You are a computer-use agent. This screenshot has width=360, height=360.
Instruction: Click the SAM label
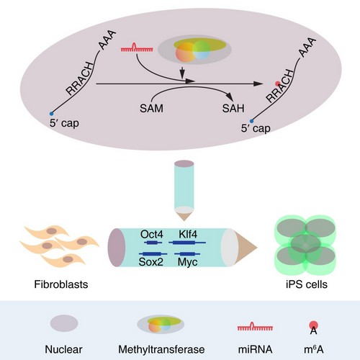point(151,108)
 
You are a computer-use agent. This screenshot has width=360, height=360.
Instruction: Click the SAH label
point(233,108)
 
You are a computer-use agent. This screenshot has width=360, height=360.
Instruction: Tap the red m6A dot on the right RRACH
point(278,84)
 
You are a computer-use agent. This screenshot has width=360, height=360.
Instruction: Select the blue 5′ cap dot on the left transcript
point(51,114)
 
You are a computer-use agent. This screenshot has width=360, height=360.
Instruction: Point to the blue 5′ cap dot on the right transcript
point(251,121)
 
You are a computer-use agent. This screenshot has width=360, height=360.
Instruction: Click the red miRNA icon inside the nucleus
point(137,48)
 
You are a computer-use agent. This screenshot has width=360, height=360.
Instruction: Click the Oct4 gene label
point(152,235)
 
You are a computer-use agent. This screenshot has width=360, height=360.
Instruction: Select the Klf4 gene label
point(188,234)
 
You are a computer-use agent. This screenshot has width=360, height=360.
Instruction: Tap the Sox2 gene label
point(151,261)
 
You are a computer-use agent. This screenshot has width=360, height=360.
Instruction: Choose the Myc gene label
point(188,262)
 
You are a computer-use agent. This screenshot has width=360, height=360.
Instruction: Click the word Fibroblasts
point(61,284)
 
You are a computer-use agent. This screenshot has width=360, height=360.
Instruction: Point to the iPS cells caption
point(307,284)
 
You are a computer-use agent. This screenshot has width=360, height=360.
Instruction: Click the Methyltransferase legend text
point(161,349)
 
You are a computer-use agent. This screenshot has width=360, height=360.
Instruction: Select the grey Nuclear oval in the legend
point(64,323)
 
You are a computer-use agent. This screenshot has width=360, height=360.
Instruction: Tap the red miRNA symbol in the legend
point(255,327)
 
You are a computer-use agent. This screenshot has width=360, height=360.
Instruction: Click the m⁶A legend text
point(314,349)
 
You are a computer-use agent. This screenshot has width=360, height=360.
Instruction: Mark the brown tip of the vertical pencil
point(184,217)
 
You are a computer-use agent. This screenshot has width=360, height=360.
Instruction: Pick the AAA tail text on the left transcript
point(107,40)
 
